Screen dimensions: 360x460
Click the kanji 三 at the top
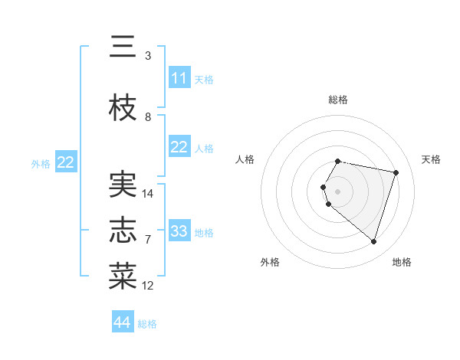pyautogui.click(x=123, y=47)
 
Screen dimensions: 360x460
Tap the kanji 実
pyautogui.click(x=123, y=184)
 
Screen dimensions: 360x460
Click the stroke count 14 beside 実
pyautogui.click(x=148, y=194)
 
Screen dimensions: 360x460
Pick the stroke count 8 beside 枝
pyautogui.click(x=148, y=117)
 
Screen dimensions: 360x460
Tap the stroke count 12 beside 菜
pyautogui.click(x=148, y=286)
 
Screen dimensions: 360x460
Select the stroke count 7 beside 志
pyautogui.click(x=148, y=240)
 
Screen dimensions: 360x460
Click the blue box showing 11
pyautogui.click(x=179, y=78)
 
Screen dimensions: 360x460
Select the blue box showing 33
pyautogui.click(x=179, y=231)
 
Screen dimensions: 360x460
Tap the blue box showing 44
pyautogui.click(x=123, y=322)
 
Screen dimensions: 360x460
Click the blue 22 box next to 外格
pyautogui.click(x=65, y=162)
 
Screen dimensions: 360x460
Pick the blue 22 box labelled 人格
pyautogui.click(x=179, y=147)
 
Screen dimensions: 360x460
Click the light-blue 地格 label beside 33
pyautogui.click(x=205, y=232)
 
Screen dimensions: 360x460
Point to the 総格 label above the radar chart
pyautogui.click(x=338, y=100)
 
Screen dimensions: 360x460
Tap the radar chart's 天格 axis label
pyautogui.click(x=431, y=159)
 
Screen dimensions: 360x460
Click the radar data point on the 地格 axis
pyautogui.click(x=373, y=242)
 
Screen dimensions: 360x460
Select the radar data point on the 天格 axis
pyautogui.click(x=396, y=172)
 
